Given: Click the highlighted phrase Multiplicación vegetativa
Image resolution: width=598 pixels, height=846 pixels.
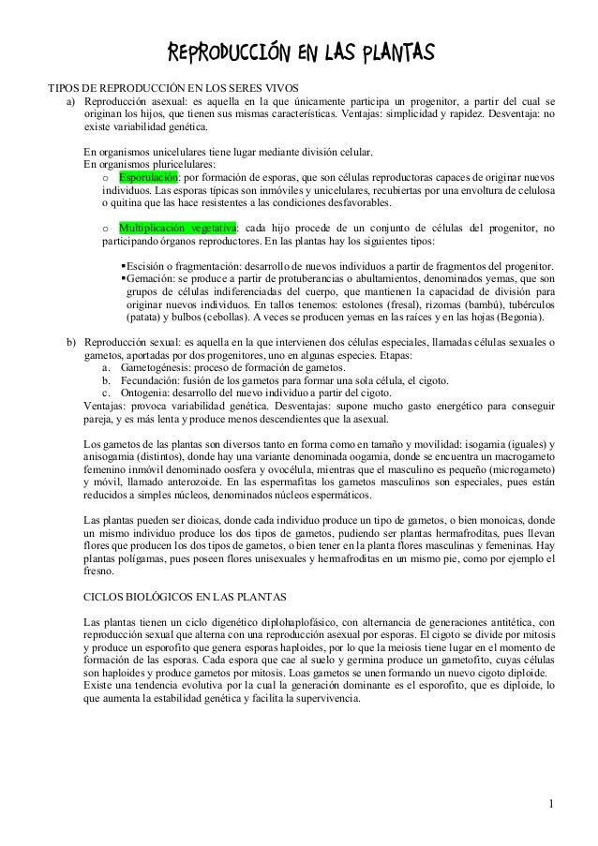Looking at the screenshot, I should [177, 227].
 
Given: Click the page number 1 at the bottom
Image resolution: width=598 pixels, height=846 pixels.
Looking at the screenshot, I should [552, 803].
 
